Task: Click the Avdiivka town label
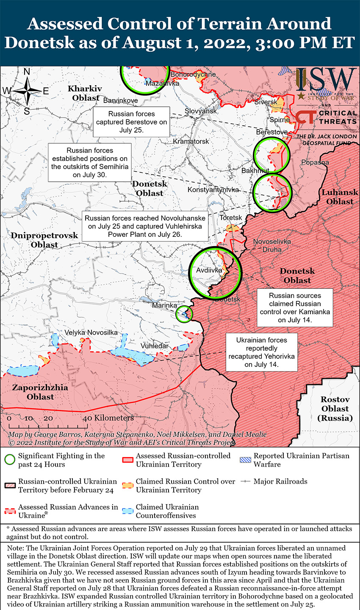point(209,270)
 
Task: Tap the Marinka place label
point(164,305)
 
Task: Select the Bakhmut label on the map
point(255,171)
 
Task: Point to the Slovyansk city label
point(201,111)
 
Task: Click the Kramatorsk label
point(191,141)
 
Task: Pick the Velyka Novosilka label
point(91,333)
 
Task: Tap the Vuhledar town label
point(155,346)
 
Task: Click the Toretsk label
point(231,218)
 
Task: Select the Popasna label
point(315,163)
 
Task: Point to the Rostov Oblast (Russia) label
point(335,409)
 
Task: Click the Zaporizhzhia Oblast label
point(40,392)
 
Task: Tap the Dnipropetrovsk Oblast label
point(44,240)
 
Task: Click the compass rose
point(27,91)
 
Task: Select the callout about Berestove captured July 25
point(131,122)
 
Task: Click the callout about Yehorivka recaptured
point(261,352)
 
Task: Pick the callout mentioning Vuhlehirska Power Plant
point(145,226)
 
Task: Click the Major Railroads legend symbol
point(245,482)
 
